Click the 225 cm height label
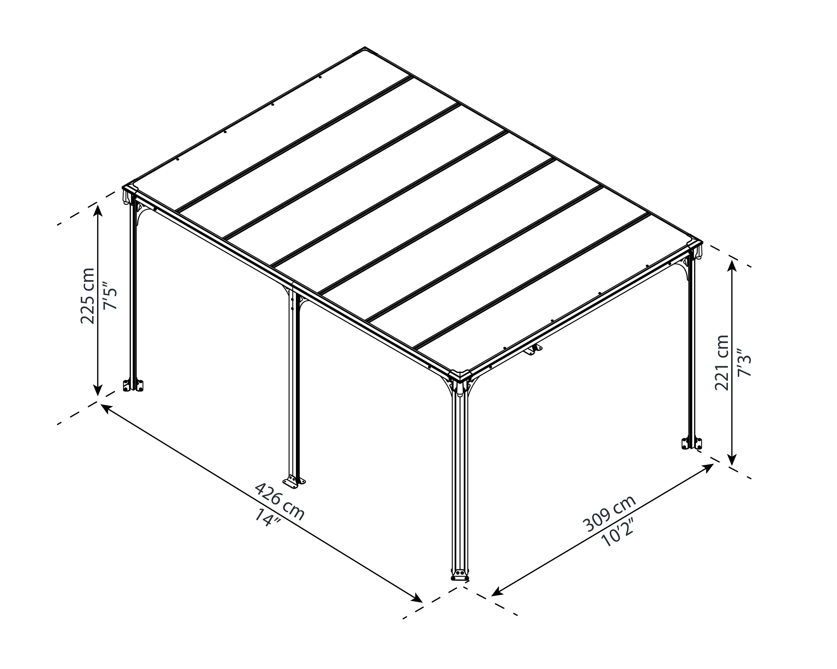[87, 295]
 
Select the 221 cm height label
[722, 363]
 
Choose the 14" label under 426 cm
[267, 518]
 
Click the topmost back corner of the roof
[365, 48]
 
